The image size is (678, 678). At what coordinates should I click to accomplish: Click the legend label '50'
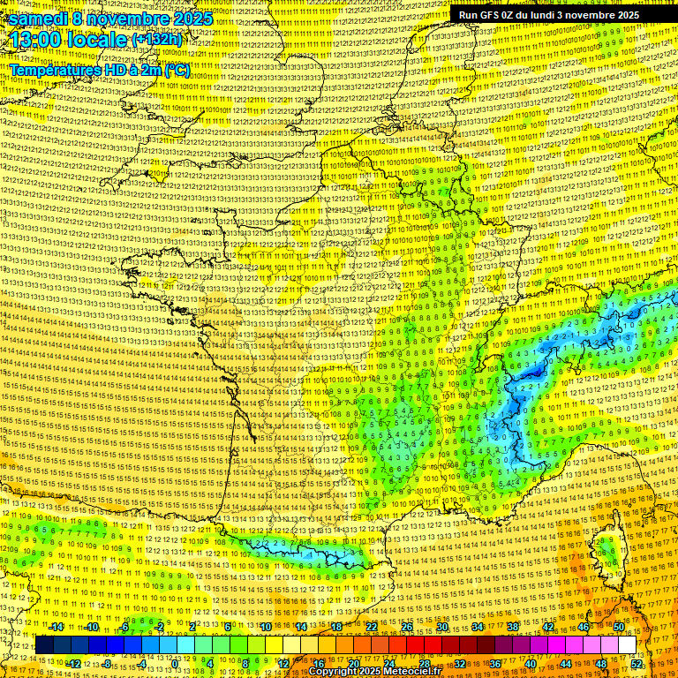(619, 627)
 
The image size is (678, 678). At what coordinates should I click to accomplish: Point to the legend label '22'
(372, 627)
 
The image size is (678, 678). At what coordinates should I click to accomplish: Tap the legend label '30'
(442, 627)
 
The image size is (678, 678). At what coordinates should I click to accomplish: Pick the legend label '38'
(513, 627)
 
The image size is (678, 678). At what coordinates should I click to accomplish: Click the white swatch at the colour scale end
(628, 645)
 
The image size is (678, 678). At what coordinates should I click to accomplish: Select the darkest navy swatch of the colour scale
(44, 645)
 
